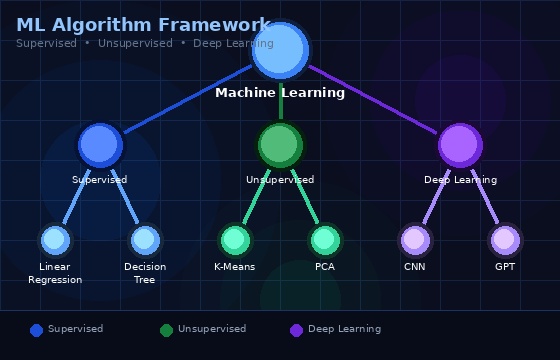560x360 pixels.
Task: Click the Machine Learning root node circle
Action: pos(280,50)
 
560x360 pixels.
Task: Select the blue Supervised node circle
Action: pos(100,145)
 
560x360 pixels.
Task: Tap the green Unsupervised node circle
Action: pos(280,145)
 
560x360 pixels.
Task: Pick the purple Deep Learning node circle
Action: pos(460,145)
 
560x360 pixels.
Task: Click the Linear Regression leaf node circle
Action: pos(55,240)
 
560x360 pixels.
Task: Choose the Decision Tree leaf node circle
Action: pos(145,240)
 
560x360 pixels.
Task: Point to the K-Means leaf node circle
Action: pos(235,240)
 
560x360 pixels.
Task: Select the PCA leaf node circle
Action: pos(325,240)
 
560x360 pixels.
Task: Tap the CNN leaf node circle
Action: pos(415,240)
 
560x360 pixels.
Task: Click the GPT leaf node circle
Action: pos(505,240)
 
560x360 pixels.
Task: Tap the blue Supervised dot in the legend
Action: pos(37,330)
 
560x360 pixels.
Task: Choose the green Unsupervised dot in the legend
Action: pos(167,330)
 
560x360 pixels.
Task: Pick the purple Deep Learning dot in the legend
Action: pos(297,330)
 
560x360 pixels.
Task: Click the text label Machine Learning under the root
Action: pos(280,93)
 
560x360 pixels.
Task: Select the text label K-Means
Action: pos(235,267)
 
